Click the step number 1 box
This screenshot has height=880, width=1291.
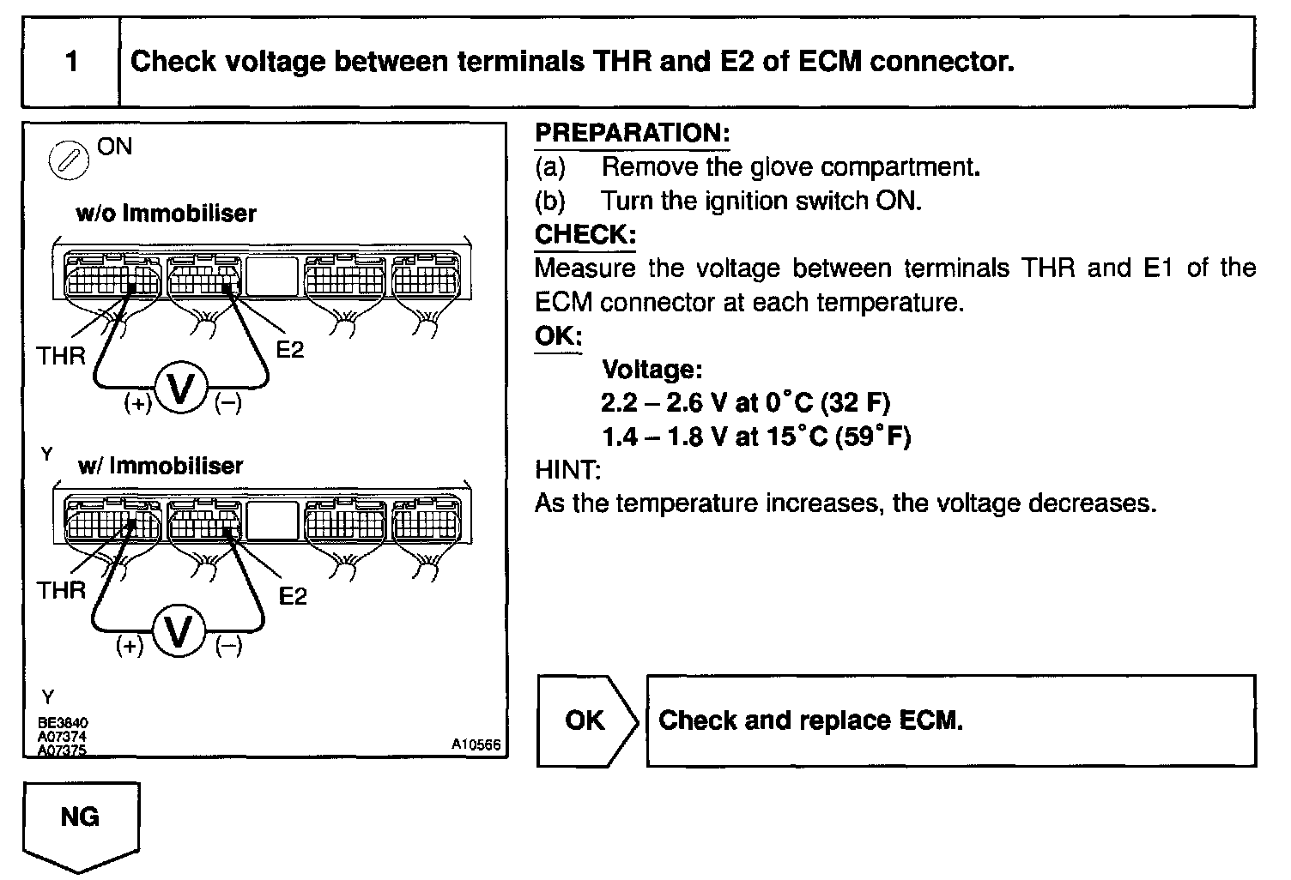coord(71,63)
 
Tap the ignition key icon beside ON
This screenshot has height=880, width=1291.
coord(70,160)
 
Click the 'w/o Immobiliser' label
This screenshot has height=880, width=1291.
coord(166,213)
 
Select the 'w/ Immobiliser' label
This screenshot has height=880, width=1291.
coord(161,466)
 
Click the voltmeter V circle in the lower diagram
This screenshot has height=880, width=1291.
coord(179,633)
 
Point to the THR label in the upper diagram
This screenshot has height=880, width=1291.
coord(61,355)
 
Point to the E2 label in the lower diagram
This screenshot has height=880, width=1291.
coord(293,596)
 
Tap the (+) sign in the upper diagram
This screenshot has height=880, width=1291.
coord(137,402)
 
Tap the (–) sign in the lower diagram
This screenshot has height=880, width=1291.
coord(228,646)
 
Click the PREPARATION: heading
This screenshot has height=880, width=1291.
coord(632,133)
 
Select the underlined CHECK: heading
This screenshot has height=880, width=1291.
coord(585,235)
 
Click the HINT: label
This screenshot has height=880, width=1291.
coord(567,470)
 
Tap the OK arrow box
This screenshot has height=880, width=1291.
coord(586,720)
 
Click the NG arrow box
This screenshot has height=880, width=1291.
coord(80,819)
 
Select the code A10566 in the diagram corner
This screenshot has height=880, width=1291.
coord(476,744)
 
